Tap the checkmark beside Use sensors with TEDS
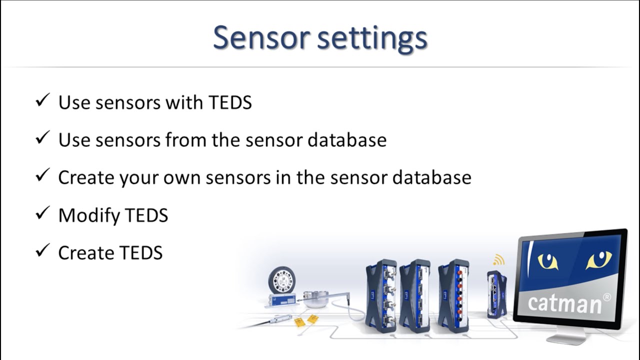coord(42,101)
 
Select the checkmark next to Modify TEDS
coord(42,214)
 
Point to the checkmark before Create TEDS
coord(42,251)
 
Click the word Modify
coord(88,215)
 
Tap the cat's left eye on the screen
coord(547,261)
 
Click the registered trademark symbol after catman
coord(606,297)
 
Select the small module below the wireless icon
coord(496,294)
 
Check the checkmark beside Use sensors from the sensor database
coord(42,138)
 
